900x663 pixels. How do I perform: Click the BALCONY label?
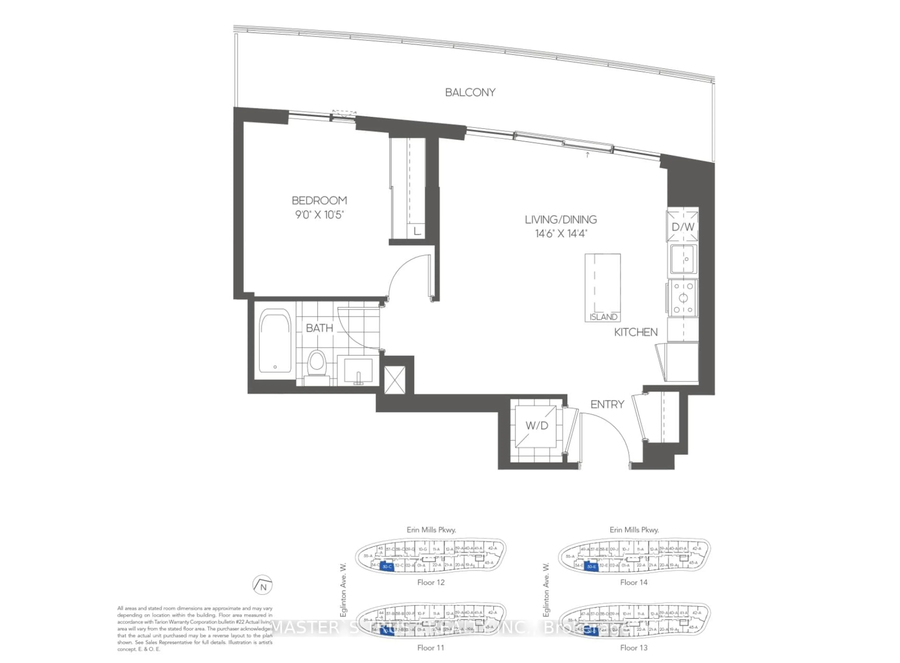click(x=470, y=92)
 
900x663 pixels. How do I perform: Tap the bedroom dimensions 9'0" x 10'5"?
click(x=320, y=215)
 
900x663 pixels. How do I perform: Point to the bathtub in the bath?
click(x=275, y=341)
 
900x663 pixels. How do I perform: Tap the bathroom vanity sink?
click(x=358, y=370)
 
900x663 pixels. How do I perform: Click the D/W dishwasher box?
click(x=683, y=227)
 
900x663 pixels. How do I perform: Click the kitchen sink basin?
click(x=683, y=259)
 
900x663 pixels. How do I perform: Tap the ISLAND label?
click(x=603, y=317)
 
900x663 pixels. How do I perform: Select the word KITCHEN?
click(x=636, y=332)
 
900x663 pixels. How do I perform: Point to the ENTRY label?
click(x=607, y=405)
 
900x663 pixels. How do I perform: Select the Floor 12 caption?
click(x=431, y=582)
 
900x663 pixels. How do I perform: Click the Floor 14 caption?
click(x=634, y=582)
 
